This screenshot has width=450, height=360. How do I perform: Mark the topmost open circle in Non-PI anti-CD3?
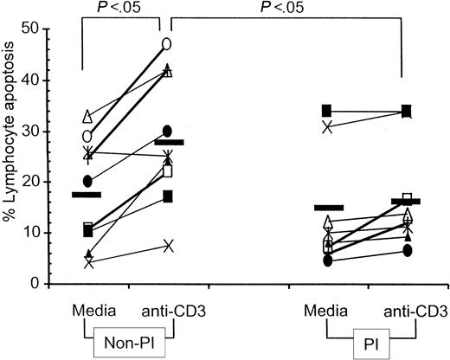point(167,43)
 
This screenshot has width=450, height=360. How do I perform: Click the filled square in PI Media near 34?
point(327,111)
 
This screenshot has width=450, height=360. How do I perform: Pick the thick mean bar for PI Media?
point(329,208)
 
